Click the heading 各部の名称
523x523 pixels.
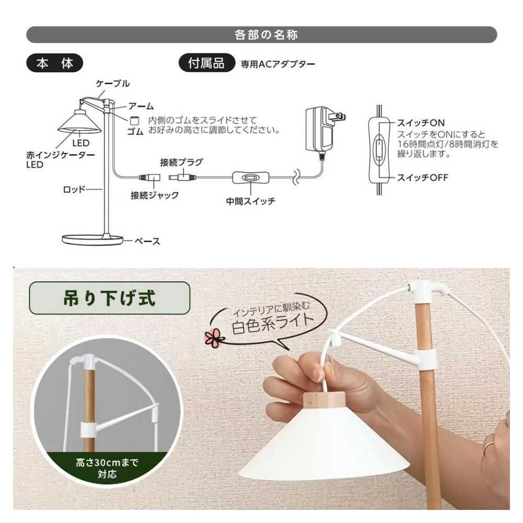click(x=266, y=35)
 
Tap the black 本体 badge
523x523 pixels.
click(x=54, y=63)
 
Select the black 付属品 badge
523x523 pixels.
click(x=207, y=63)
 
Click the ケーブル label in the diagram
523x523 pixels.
click(x=113, y=83)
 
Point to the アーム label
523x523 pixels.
click(x=141, y=106)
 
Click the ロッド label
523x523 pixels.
click(x=74, y=189)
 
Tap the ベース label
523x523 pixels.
click(x=147, y=241)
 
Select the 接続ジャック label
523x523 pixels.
click(x=154, y=195)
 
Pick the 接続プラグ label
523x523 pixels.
click(x=181, y=162)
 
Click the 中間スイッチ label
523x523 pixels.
click(x=251, y=201)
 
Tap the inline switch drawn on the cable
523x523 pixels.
click(x=251, y=178)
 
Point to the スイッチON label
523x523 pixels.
click(x=420, y=123)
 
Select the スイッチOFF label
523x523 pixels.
click(x=422, y=177)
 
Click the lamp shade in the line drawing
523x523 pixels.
click(x=79, y=121)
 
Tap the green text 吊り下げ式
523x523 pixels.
click(x=109, y=298)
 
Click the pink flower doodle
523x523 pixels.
click(x=214, y=337)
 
